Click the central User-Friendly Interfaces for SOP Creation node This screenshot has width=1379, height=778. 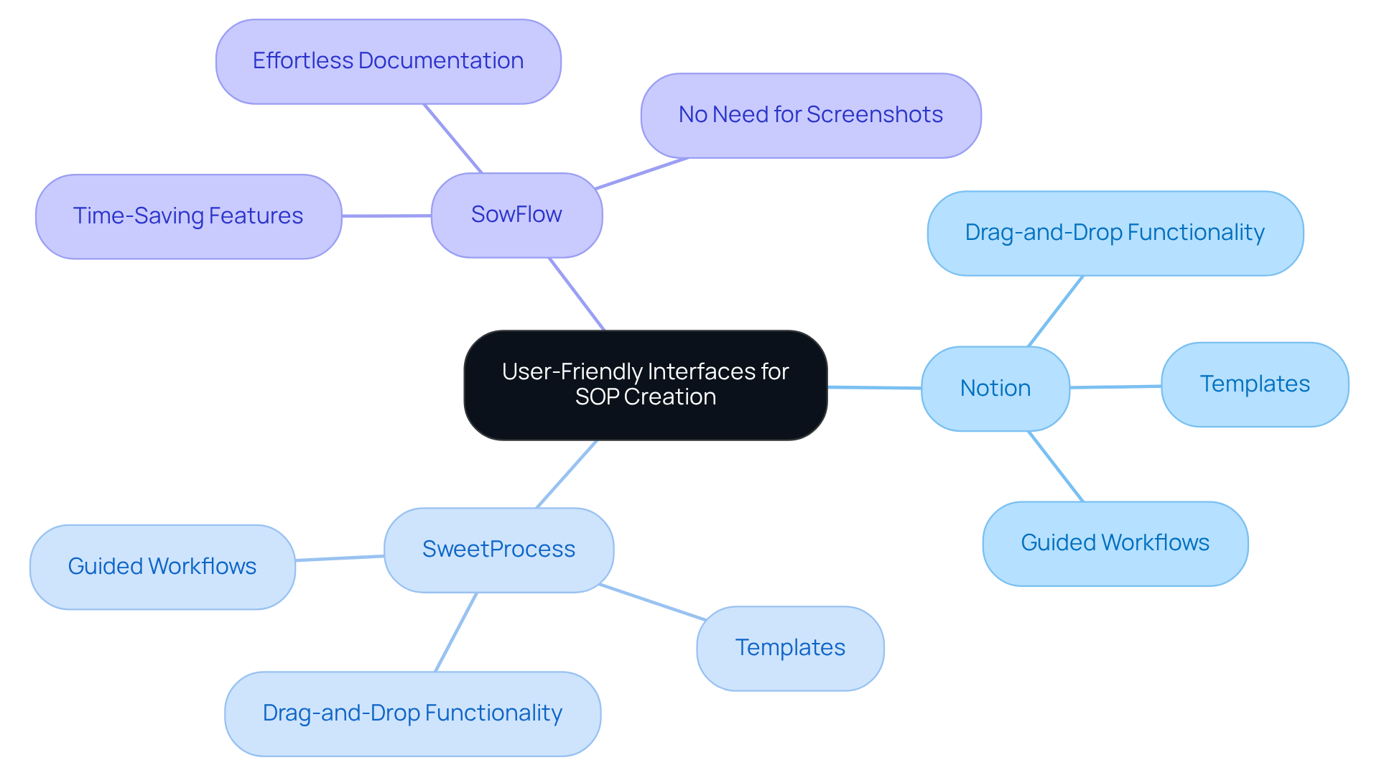645,384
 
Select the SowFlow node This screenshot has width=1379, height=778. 516,215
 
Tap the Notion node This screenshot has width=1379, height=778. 995,389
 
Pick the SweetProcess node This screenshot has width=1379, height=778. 498,550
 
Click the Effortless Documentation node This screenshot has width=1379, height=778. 388,61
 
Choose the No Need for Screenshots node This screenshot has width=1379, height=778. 810,115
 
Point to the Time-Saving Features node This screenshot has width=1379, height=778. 188,216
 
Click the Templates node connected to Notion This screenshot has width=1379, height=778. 1254,384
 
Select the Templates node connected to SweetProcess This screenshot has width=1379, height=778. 789,648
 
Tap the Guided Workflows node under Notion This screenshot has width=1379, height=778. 1115,543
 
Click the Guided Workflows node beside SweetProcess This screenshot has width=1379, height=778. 162,567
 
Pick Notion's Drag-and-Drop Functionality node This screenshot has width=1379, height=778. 1115,233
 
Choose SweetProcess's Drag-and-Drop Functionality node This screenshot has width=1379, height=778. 412,713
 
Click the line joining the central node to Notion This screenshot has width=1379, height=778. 874,388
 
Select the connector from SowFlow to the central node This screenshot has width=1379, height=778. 577,294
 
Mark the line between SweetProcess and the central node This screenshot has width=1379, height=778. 567,474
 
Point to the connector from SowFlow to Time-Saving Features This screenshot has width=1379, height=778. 386,216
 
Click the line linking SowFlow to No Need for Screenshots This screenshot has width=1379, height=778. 641,174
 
